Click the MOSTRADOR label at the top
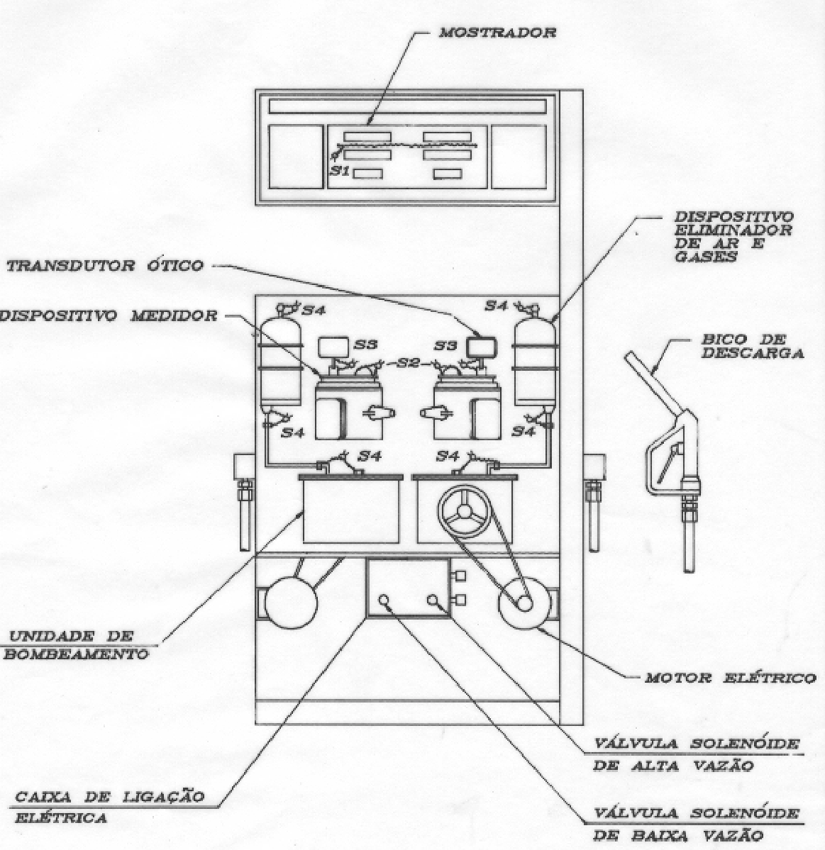click(497, 33)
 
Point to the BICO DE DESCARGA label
click(753, 347)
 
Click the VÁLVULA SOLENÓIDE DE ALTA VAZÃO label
click(696, 754)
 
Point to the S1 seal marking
click(340, 171)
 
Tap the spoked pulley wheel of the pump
click(465, 511)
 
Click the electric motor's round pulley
click(524, 603)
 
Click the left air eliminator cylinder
click(281, 362)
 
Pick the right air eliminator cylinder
click(535, 362)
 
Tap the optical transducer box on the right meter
click(482, 347)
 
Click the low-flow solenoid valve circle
click(384, 600)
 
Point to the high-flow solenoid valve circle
click(433, 600)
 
